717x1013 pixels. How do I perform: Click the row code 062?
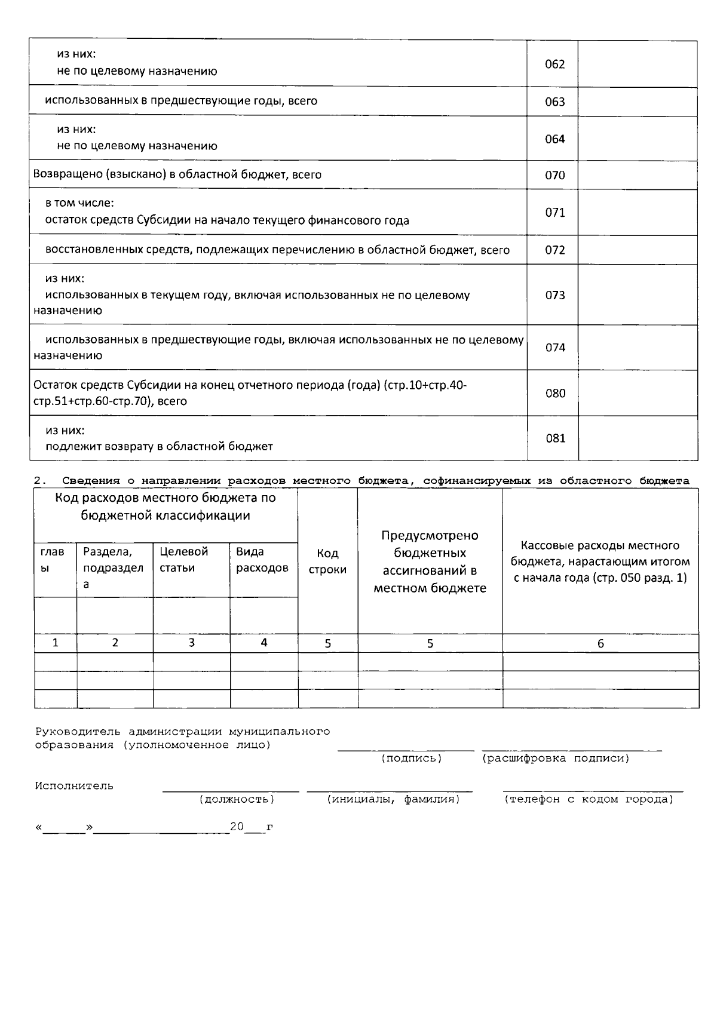click(554, 64)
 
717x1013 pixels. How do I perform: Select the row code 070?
click(554, 176)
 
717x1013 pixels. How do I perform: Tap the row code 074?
click(555, 348)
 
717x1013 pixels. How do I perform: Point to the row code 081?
click(555, 438)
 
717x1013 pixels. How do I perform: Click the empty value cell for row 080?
click(638, 393)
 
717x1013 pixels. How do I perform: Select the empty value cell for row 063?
click(638, 102)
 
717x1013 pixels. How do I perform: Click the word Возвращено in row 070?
click(60, 175)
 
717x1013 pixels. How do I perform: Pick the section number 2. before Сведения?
click(40, 481)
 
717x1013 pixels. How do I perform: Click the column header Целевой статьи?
click(184, 560)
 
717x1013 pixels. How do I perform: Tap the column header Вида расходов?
click(262, 560)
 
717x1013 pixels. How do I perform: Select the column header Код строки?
click(327, 561)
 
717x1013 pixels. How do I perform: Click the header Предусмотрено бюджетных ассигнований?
click(430, 561)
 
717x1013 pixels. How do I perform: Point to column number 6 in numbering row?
click(600, 643)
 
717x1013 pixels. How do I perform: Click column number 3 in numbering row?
click(191, 643)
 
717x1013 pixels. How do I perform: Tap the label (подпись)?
click(411, 759)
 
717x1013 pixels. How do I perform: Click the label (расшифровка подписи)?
click(555, 759)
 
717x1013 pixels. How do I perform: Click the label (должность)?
click(237, 800)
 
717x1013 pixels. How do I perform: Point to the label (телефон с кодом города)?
click(589, 800)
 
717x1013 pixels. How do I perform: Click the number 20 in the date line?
click(237, 827)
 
